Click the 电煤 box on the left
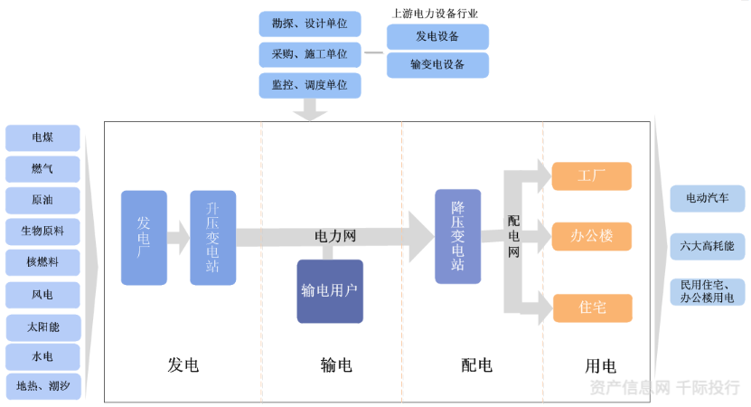[x=42, y=138]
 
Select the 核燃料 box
[x=42, y=262]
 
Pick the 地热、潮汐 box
[x=42, y=387]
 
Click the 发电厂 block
[x=144, y=237]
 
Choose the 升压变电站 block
[x=212, y=237]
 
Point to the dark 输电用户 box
[x=330, y=291]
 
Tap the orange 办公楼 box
[x=591, y=237]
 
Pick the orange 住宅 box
[x=591, y=308]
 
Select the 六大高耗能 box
[x=708, y=245]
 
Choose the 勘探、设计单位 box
[x=310, y=24]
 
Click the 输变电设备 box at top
[x=437, y=65]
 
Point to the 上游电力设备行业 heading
[x=435, y=14]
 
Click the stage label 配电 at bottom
[x=476, y=365]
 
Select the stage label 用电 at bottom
[x=600, y=365]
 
